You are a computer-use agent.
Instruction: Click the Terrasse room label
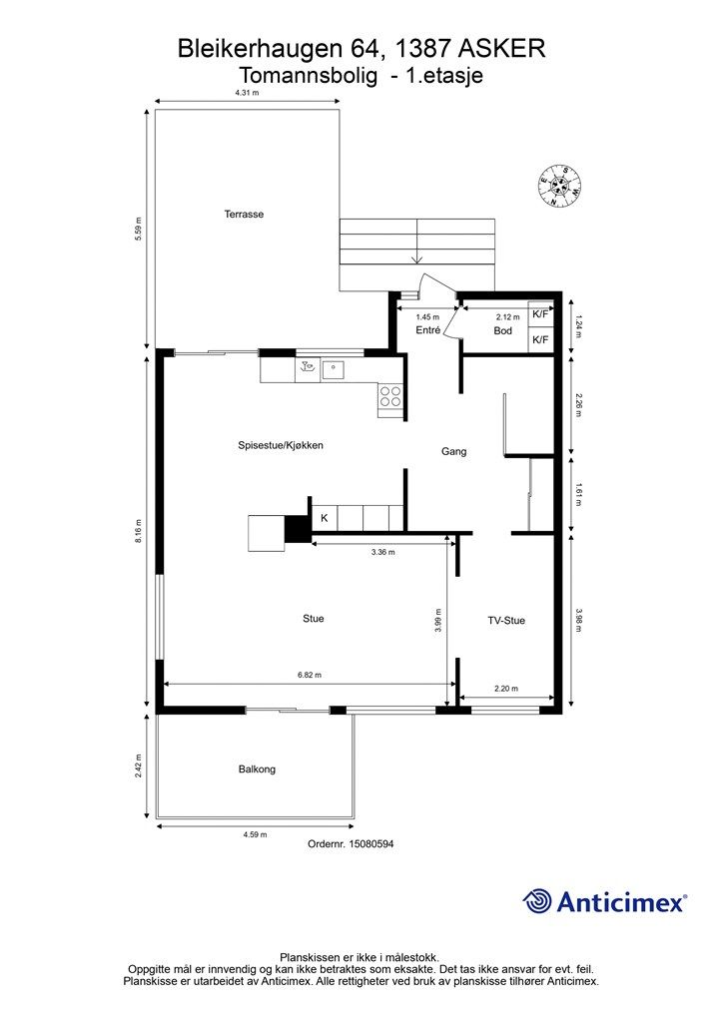pyautogui.click(x=244, y=215)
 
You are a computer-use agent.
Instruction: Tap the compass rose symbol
pyautogui.click(x=560, y=186)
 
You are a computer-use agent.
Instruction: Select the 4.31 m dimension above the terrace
pyautogui.click(x=247, y=93)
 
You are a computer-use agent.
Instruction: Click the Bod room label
pyautogui.click(x=502, y=330)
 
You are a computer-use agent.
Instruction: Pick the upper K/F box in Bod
pyautogui.click(x=540, y=314)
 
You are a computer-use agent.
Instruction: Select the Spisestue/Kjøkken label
pyautogui.click(x=281, y=445)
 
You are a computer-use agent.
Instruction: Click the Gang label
pyautogui.click(x=454, y=451)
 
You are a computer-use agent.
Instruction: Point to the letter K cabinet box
pyautogui.click(x=324, y=518)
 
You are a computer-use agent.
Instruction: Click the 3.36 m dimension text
pyautogui.click(x=382, y=551)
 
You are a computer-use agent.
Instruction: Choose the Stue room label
pyautogui.click(x=314, y=619)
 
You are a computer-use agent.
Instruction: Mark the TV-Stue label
pyautogui.click(x=506, y=620)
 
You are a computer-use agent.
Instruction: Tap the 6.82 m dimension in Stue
pyautogui.click(x=310, y=675)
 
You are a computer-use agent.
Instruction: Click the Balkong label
pyautogui.click(x=257, y=769)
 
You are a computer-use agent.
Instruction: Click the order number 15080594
pyautogui.click(x=351, y=844)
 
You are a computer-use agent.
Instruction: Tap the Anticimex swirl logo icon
pyautogui.click(x=538, y=901)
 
